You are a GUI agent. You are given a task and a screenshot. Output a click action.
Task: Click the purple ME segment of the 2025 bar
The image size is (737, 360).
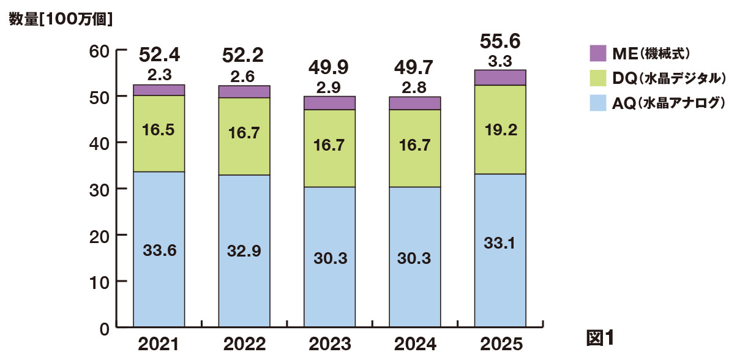[500, 77]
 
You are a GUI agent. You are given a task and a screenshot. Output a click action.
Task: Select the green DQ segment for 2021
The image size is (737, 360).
[159, 133]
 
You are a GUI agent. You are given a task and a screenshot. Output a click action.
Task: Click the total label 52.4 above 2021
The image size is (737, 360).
[159, 56]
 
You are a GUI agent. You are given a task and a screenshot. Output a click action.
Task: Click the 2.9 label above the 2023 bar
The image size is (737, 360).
[329, 86]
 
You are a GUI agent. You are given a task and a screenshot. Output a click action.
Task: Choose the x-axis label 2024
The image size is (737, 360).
[415, 344]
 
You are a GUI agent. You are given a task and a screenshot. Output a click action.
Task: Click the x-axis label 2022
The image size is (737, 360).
[244, 344]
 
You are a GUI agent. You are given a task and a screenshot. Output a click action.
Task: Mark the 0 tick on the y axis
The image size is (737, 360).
[105, 328]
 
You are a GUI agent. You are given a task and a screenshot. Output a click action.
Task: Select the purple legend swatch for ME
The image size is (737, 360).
[597, 53]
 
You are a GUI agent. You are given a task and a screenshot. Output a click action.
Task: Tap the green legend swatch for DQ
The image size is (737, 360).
[597, 78]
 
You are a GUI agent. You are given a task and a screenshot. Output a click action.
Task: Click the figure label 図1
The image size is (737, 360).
[599, 337]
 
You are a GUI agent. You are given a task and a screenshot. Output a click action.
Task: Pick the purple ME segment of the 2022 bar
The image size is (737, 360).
[244, 91]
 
